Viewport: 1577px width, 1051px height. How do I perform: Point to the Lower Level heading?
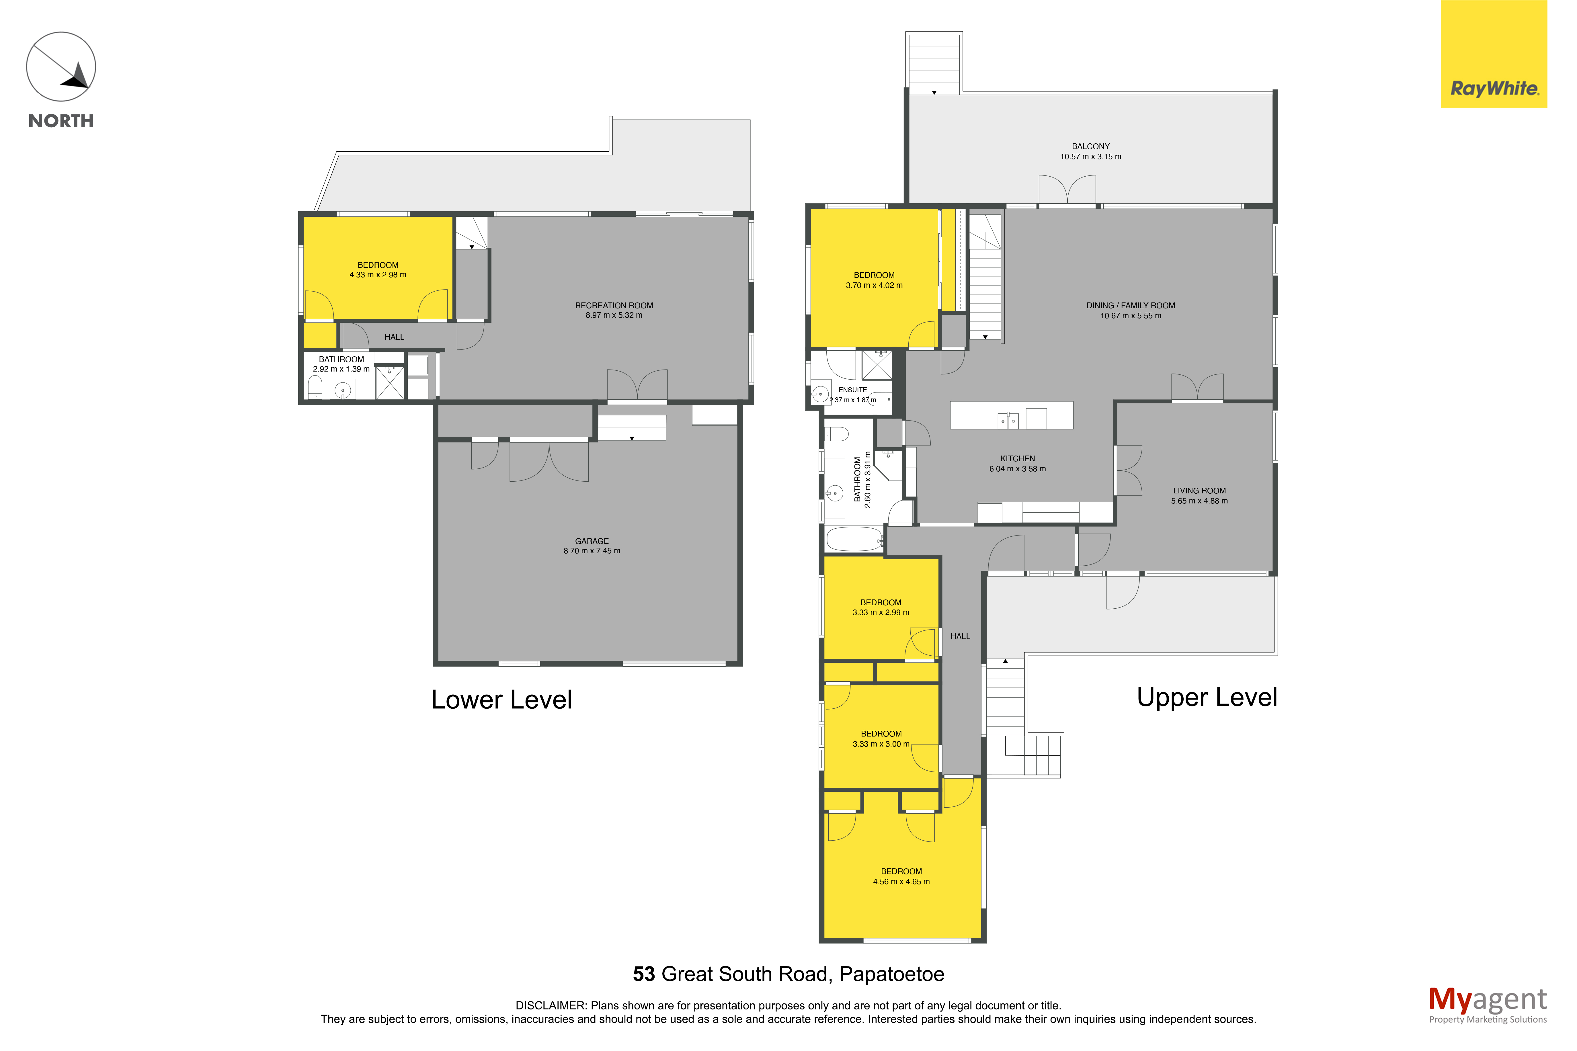pos(501,700)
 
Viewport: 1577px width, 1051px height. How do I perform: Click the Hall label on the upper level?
pos(960,636)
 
